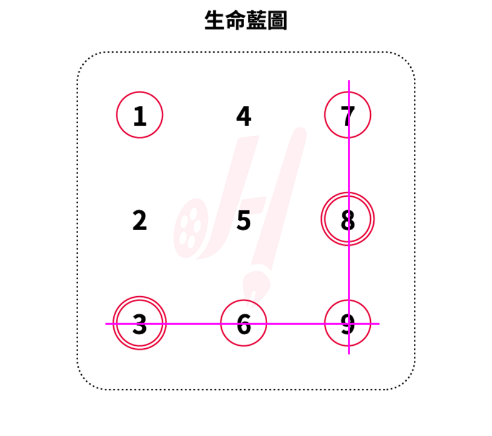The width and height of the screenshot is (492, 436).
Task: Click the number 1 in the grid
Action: tap(140, 115)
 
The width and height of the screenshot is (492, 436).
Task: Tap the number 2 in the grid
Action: tap(140, 220)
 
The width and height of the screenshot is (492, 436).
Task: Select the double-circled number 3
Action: tap(140, 324)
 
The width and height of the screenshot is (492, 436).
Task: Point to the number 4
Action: tap(244, 116)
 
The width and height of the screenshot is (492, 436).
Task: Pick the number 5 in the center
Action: tap(244, 220)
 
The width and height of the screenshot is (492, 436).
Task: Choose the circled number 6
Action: tap(244, 324)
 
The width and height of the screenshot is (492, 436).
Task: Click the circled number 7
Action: tap(347, 115)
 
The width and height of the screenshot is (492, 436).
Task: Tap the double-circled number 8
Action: tap(347, 220)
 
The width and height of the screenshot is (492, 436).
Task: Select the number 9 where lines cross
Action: tap(348, 324)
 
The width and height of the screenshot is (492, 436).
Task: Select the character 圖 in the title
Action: tap(277, 21)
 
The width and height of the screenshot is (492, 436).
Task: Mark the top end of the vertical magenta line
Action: tap(349, 81)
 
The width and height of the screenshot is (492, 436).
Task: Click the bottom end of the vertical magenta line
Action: tap(349, 353)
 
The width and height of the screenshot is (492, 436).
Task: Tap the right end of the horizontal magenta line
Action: tap(379, 324)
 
